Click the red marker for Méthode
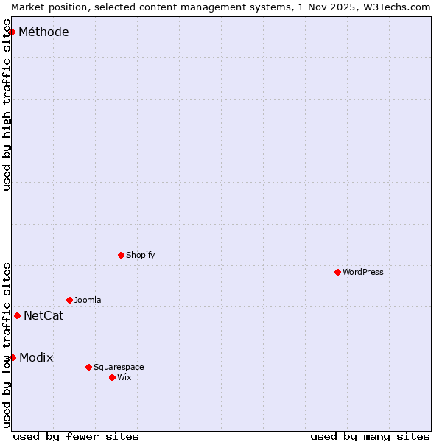(12, 32)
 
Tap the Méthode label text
(43, 32)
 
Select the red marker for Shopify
(121, 255)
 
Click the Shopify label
(140, 255)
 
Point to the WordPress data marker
(337, 272)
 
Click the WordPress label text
(362, 272)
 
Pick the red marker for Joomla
(69, 300)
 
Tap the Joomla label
(88, 300)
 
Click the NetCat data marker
(17, 315)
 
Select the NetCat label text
(43, 316)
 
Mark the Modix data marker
(13, 357)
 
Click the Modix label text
(36, 357)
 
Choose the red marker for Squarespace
(88, 367)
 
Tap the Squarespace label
(119, 367)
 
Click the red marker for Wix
(112, 377)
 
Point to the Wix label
(124, 377)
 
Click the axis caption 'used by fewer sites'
(76, 436)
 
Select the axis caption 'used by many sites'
(370, 436)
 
